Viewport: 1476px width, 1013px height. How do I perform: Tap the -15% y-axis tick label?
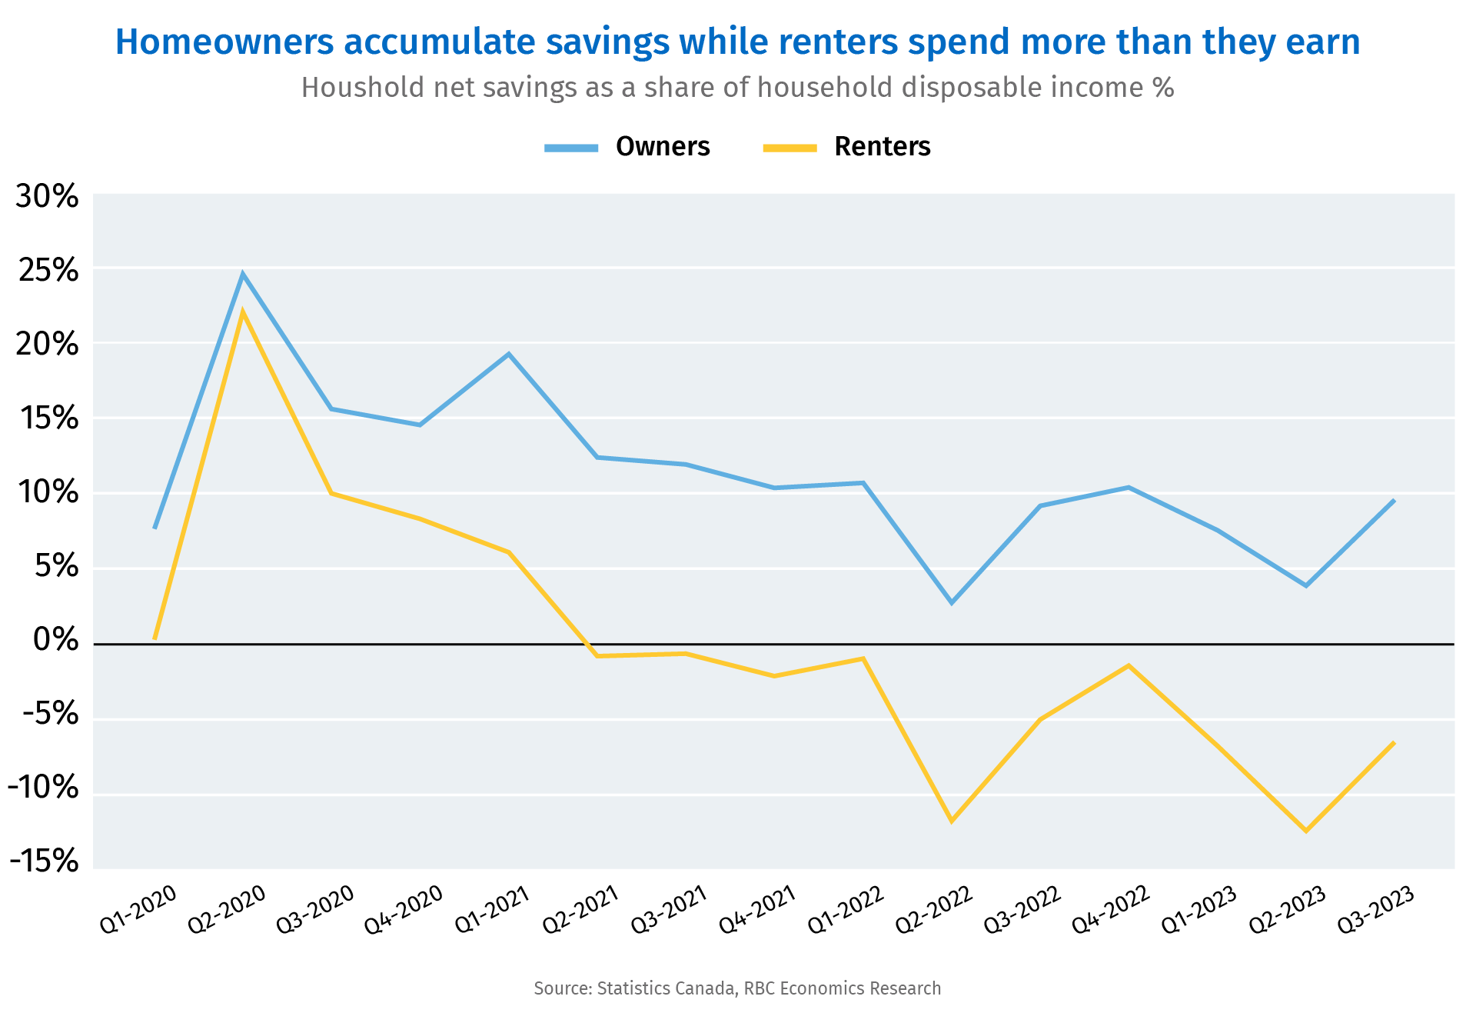(x=44, y=861)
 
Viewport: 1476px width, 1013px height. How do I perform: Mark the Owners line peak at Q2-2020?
(x=243, y=275)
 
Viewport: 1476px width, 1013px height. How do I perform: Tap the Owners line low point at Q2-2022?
(x=952, y=602)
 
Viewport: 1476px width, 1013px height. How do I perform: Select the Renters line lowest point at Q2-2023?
(x=1305, y=831)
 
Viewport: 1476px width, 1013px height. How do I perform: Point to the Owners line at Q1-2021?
(x=508, y=354)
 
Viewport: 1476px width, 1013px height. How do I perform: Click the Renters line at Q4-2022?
(x=1129, y=665)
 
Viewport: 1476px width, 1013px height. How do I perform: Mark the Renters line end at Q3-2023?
(x=1393, y=743)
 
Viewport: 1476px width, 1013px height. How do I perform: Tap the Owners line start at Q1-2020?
(x=155, y=528)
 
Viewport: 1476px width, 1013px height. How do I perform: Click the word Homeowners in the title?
(x=224, y=42)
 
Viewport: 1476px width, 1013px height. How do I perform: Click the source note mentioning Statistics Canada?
(x=737, y=988)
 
